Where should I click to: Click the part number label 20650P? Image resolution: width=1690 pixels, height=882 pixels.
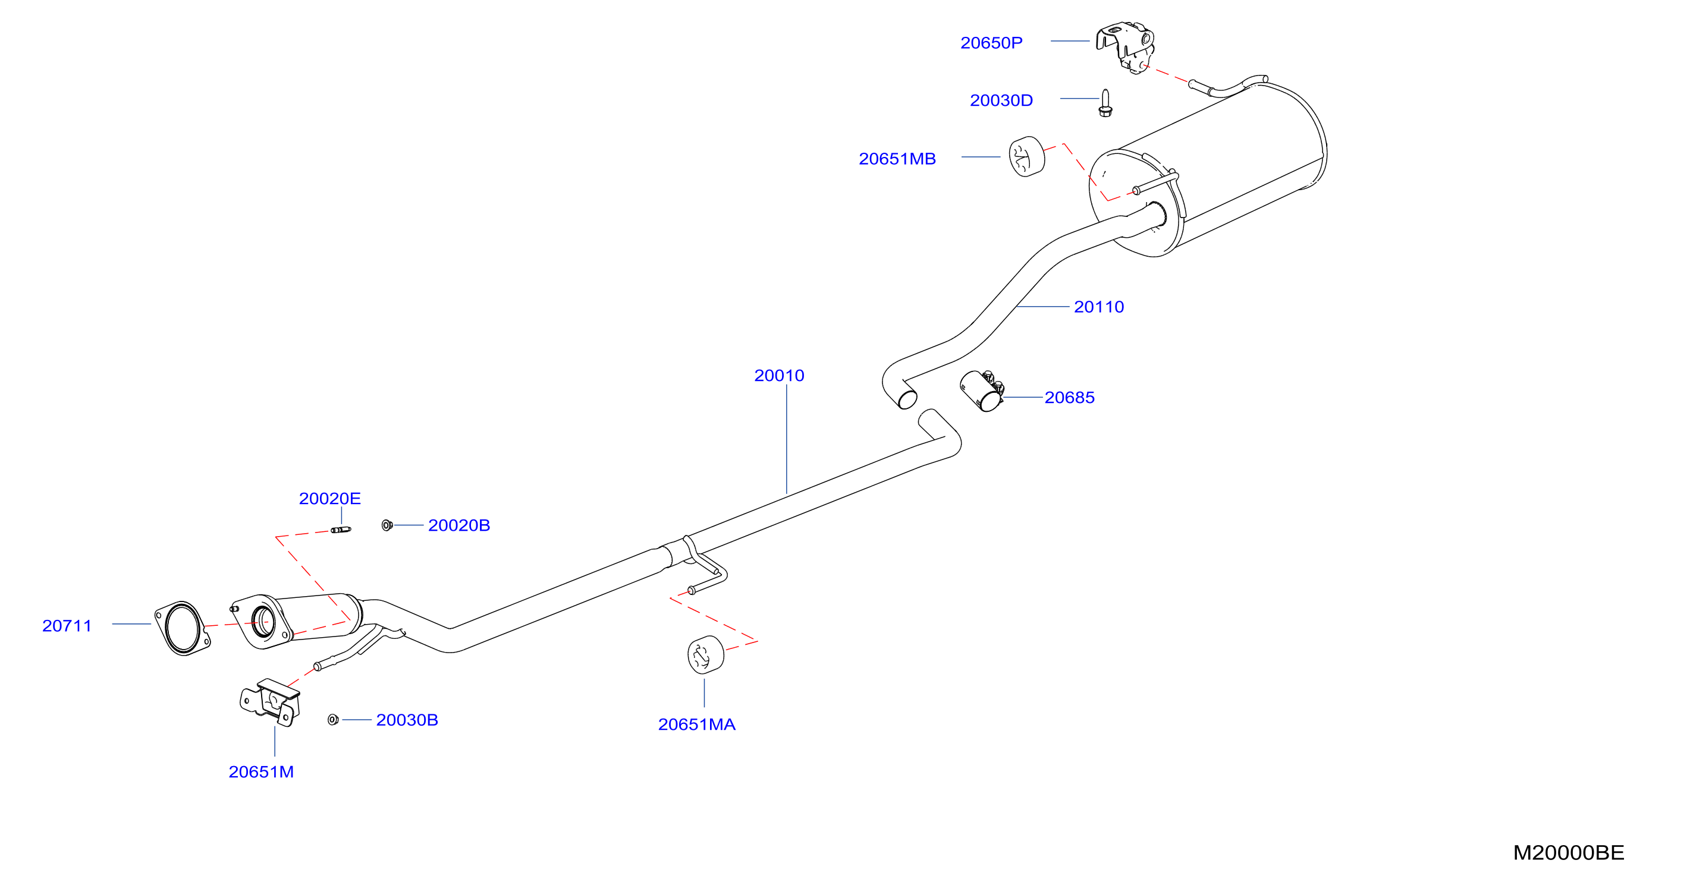[991, 43]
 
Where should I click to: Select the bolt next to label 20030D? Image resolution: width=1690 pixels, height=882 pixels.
[1105, 103]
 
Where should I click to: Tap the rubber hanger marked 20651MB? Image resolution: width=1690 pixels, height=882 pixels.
[1027, 157]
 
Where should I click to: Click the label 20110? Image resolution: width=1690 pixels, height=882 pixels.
[1099, 307]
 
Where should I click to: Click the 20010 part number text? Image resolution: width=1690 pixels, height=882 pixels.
[780, 376]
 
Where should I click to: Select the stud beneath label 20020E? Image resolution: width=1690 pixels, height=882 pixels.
[341, 530]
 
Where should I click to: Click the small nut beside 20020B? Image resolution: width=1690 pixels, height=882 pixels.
[387, 525]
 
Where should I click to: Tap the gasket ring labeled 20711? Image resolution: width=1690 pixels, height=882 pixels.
[183, 628]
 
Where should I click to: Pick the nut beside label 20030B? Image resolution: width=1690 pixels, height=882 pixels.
[333, 720]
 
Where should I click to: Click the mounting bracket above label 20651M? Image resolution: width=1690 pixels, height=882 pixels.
[271, 703]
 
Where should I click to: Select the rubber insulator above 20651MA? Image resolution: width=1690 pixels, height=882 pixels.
[706, 654]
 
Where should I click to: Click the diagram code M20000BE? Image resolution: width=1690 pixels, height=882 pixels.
[1569, 852]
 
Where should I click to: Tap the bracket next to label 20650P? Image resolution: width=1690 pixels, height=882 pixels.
[1126, 47]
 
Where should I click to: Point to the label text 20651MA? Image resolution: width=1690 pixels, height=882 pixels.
[697, 724]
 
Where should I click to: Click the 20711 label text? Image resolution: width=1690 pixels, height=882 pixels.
[67, 626]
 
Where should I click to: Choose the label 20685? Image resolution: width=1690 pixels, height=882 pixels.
[1069, 398]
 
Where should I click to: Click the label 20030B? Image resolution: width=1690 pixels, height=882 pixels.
[407, 720]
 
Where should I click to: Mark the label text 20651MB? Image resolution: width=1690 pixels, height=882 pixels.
[897, 159]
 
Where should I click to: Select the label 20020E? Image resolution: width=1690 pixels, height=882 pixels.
[330, 499]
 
